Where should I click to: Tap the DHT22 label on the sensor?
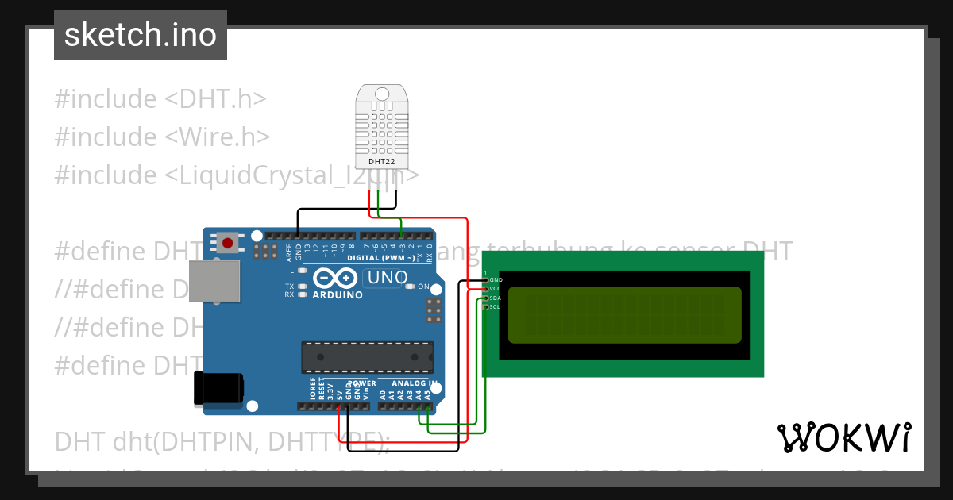(382, 161)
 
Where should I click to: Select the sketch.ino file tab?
(141, 35)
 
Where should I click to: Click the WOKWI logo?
(843, 437)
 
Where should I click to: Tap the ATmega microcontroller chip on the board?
(366, 357)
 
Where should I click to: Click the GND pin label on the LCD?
(496, 280)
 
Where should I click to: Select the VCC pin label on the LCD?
(496, 289)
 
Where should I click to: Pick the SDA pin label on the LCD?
(496, 298)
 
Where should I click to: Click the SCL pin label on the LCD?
(496, 306)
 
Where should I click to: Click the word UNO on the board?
(387, 278)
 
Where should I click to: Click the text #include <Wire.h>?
(163, 137)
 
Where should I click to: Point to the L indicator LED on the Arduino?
(302, 271)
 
